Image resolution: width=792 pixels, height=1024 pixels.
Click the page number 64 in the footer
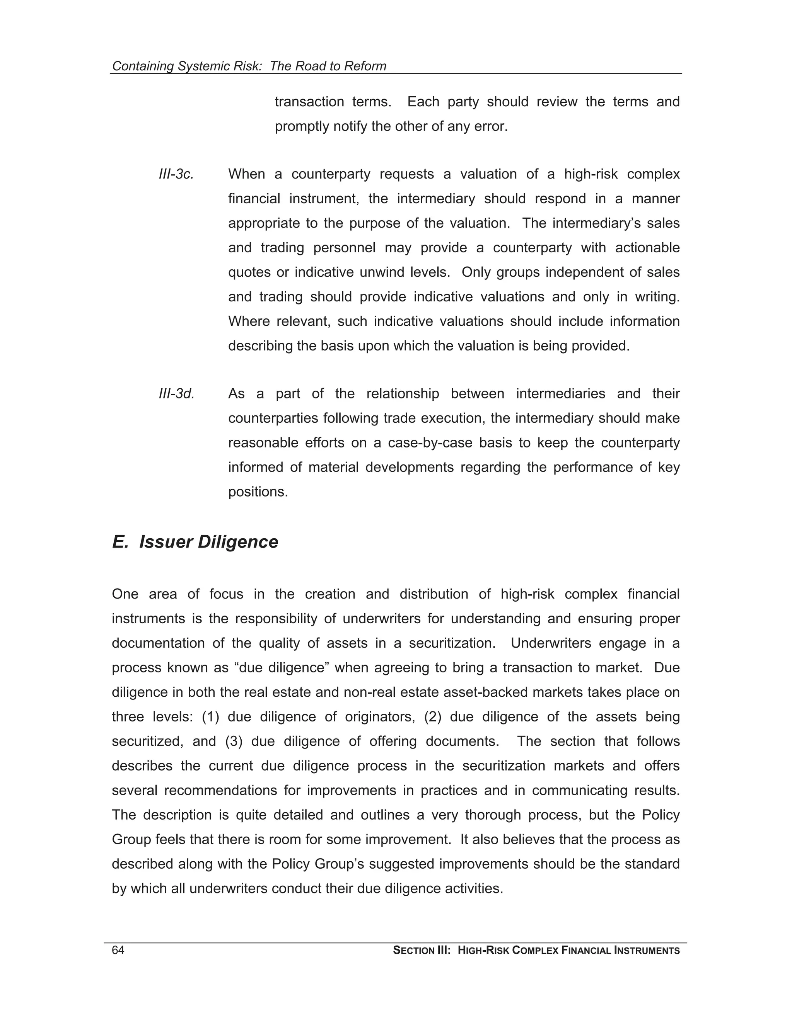pos(118,951)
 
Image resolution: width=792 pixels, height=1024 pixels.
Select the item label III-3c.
pos(176,174)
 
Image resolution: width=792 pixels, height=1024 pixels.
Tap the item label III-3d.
pos(176,394)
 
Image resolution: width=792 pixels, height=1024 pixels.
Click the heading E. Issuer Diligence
pos(195,542)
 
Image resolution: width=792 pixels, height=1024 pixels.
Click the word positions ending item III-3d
pos(258,492)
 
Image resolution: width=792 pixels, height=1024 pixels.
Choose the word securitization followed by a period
pos(451,643)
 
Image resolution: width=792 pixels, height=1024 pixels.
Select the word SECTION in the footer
pos(413,951)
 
